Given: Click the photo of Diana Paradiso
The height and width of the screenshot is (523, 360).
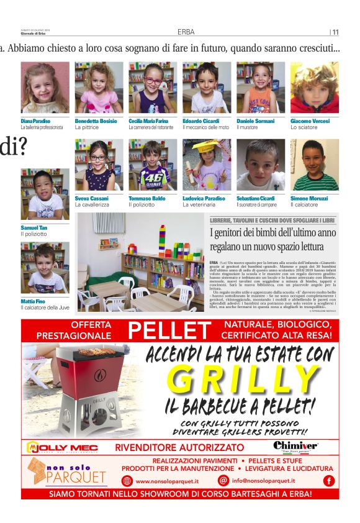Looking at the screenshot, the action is point(45,88).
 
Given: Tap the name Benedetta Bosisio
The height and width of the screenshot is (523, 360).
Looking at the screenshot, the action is point(95,121).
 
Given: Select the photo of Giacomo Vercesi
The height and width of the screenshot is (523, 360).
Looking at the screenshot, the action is point(314,88).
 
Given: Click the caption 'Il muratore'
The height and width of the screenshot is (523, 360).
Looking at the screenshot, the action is point(248,127).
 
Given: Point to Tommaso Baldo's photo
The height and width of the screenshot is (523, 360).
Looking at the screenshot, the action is point(153,165).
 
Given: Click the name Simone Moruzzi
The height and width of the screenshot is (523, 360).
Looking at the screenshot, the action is point(308,198).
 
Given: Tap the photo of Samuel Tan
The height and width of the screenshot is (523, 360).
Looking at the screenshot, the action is point(45,194).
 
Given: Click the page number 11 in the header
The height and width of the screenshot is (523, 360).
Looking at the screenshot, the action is point(335,32).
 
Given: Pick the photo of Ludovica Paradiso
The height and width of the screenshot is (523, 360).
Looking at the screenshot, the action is point(207,165).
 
